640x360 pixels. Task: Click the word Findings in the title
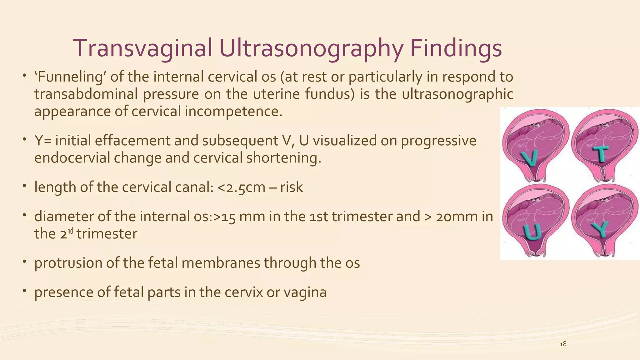455,48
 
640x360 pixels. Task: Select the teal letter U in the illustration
532,232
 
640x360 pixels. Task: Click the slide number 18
563,344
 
